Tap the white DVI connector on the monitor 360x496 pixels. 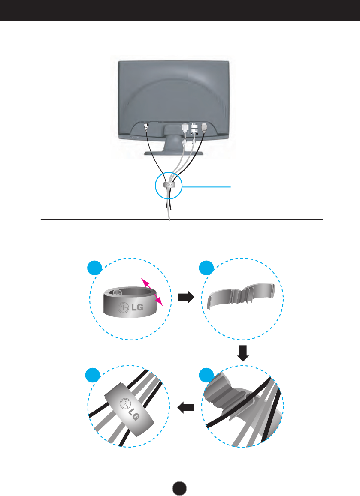coord(185,127)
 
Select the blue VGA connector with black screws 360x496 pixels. coord(194,127)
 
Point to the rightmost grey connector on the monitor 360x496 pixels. coord(204,126)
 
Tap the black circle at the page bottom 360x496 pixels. coord(180,487)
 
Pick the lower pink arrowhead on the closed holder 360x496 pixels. coord(160,302)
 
